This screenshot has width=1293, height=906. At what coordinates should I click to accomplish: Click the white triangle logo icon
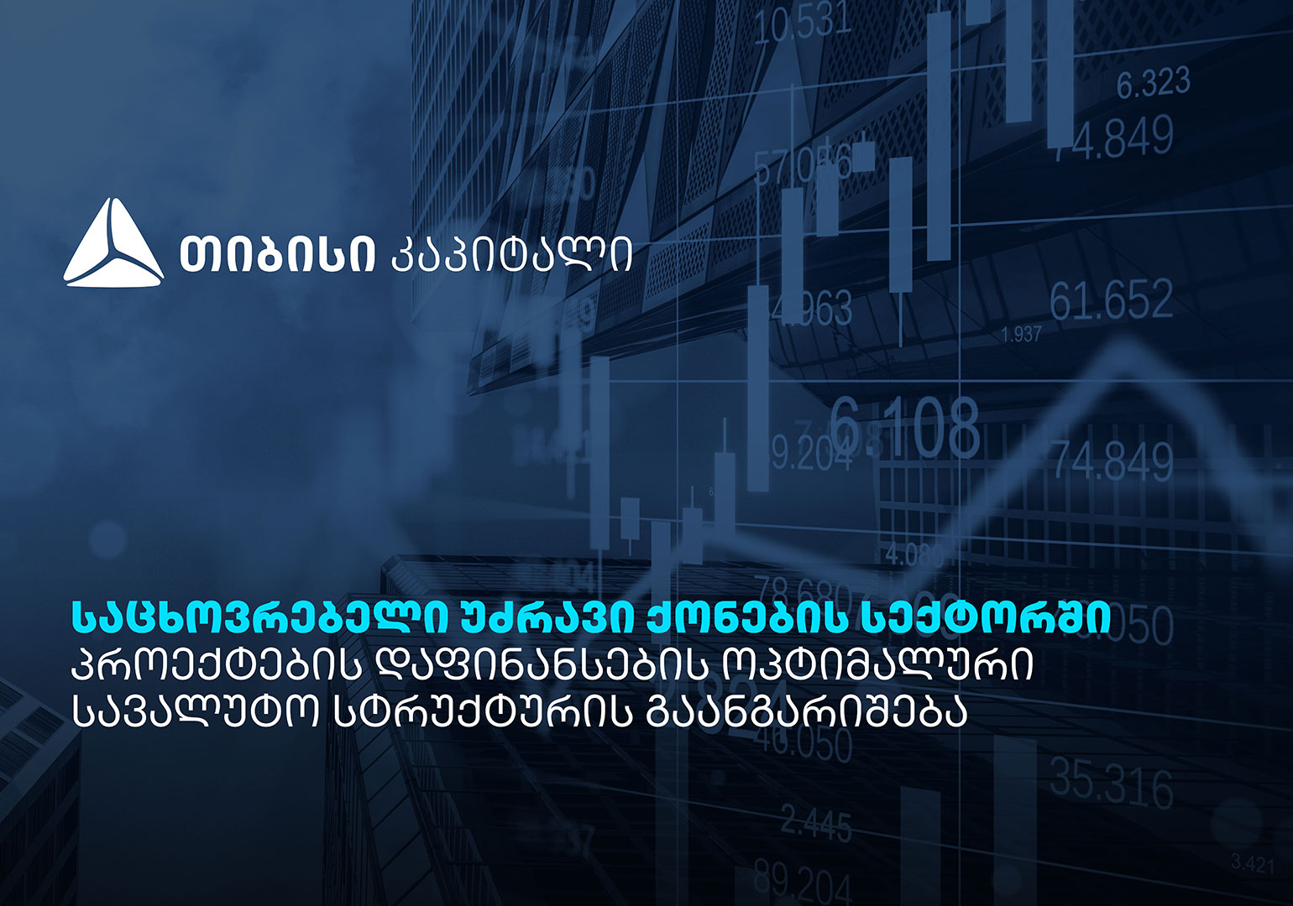(113, 245)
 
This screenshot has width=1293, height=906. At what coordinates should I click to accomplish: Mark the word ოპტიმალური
(878, 667)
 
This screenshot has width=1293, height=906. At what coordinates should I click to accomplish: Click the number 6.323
(1153, 83)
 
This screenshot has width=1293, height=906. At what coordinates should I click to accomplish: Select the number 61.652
(1111, 300)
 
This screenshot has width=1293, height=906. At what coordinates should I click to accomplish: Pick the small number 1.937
(1021, 335)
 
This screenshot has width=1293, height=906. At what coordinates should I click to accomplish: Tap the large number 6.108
(905, 428)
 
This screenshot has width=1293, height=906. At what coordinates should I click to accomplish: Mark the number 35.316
(1111, 784)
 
